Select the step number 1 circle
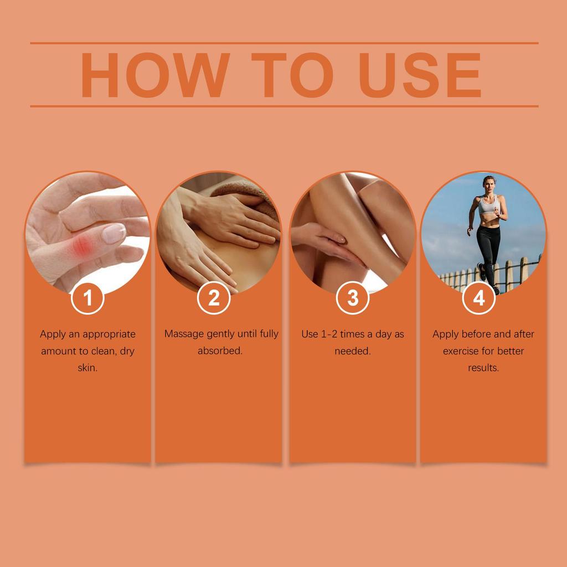[87, 298]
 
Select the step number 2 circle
[214, 298]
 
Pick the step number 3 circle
[353, 298]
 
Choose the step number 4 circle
[479, 298]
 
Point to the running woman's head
[488, 183]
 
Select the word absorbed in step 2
[220, 351]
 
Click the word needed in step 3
[353, 351]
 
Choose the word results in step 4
[483, 368]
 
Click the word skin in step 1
[87, 368]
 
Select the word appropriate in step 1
[110, 334]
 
